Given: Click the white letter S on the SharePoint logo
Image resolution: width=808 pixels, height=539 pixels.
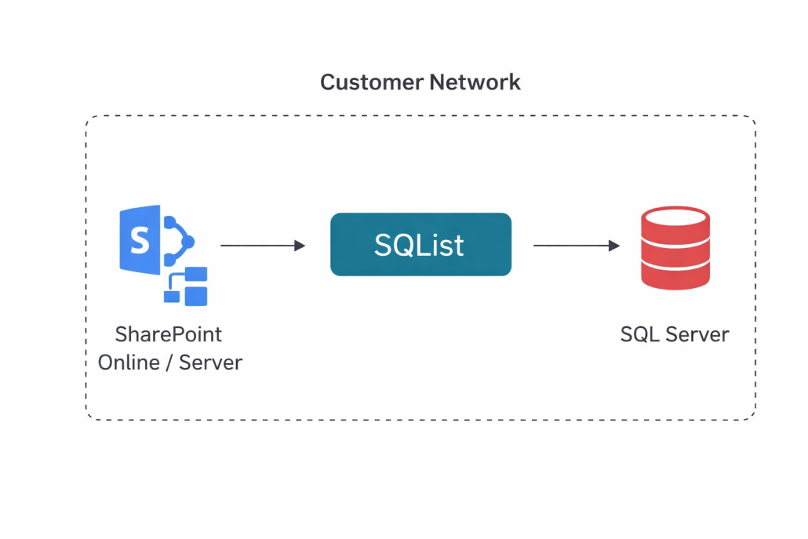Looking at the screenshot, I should (x=140, y=240).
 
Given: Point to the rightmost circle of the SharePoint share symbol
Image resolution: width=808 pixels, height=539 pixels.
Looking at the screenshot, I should (x=187, y=243).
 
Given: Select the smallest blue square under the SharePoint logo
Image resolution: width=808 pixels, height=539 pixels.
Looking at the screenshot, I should (x=170, y=296).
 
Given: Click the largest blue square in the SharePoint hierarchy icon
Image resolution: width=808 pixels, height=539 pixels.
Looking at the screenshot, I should (x=195, y=296).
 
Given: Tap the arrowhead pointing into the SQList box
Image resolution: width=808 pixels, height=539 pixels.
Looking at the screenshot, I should (x=299, y=246).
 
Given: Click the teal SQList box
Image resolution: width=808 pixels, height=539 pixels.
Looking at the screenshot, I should (x=420, y=245).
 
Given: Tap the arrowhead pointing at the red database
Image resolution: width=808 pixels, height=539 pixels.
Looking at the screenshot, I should (x=614, y=246).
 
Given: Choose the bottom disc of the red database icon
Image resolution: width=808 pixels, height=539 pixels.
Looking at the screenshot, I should (x=675, y=275).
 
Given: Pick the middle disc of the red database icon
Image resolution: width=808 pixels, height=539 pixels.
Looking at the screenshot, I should (x=675, y=249).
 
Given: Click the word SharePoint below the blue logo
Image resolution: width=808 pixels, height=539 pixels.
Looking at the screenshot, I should (x=169, y=334).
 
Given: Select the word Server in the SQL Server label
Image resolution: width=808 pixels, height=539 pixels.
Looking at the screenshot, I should (x=696, y=334).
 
